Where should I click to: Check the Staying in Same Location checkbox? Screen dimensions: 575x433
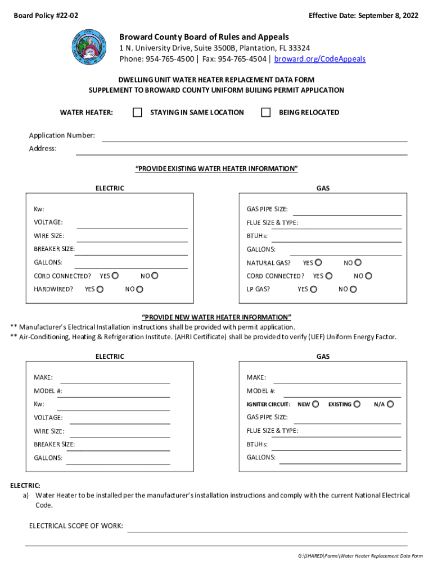(137, 112)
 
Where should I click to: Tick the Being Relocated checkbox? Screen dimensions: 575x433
(266, 112)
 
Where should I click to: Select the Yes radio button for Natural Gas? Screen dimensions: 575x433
(319, 262)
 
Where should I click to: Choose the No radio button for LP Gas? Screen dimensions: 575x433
(353, 289)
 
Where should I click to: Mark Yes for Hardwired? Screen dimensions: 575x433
(100, 289)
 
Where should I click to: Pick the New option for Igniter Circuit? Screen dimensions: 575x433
(316, 404)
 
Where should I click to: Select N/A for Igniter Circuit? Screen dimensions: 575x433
(390, 404)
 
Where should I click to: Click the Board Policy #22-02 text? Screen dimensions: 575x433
(46, 16)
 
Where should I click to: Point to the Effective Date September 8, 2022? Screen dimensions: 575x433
(363, 16)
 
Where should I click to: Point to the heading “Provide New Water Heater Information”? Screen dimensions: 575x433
(216, 317)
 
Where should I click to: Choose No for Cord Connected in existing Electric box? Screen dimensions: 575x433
(155, 276)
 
